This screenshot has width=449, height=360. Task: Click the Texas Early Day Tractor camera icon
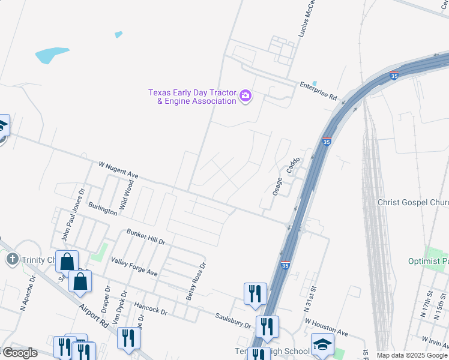245,96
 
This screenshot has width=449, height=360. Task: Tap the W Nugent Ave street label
118,170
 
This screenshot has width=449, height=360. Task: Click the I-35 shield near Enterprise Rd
394,76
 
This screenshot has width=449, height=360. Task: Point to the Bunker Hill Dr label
145,236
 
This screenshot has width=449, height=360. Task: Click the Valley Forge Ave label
134,266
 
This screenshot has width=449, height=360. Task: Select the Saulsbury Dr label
234,320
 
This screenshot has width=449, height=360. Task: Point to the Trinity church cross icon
11,259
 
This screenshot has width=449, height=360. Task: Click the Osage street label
277,186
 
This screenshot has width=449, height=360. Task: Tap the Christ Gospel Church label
413,202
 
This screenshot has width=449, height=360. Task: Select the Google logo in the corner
20,353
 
